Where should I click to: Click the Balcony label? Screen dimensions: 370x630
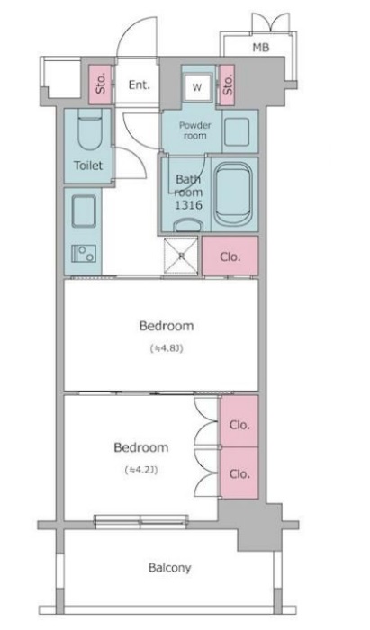point(169,568)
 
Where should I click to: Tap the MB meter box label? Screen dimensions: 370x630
point(261,48)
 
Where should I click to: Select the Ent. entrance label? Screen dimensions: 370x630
point(139,85)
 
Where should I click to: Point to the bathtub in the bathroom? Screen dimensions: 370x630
point(233,194)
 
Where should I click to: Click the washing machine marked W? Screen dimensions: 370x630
point(197,87)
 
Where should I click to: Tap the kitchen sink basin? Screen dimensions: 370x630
point(84,211)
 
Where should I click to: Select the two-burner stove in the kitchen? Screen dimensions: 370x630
point(84,254)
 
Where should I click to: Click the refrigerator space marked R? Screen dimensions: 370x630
point(181,256)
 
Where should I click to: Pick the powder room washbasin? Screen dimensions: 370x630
point(237,131)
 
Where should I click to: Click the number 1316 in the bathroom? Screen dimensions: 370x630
point(188,205)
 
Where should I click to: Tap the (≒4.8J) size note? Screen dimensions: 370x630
point(167,348)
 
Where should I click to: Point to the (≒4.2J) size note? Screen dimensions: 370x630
point(141,470)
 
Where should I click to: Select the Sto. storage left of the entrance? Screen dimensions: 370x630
point(100,85)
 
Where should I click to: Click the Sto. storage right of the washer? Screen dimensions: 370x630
point(227,85)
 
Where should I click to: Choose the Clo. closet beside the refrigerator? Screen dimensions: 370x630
point(230,256)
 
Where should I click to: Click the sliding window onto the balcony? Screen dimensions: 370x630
point(141,520)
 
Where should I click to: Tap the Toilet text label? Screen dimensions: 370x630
point(88,166)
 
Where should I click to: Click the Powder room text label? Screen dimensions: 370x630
point(194,130)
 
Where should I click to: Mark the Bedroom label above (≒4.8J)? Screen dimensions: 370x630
point(167,326)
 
